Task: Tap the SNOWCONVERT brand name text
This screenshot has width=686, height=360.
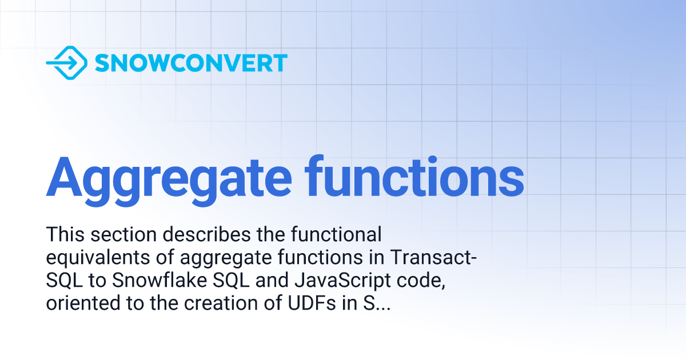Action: [x=191, y=63]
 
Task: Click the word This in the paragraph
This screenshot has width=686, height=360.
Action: [x=65, y=234]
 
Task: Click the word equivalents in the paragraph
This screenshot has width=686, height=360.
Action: [x=99, y=258]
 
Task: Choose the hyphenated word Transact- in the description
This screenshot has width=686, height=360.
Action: [x=433, y=258]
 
